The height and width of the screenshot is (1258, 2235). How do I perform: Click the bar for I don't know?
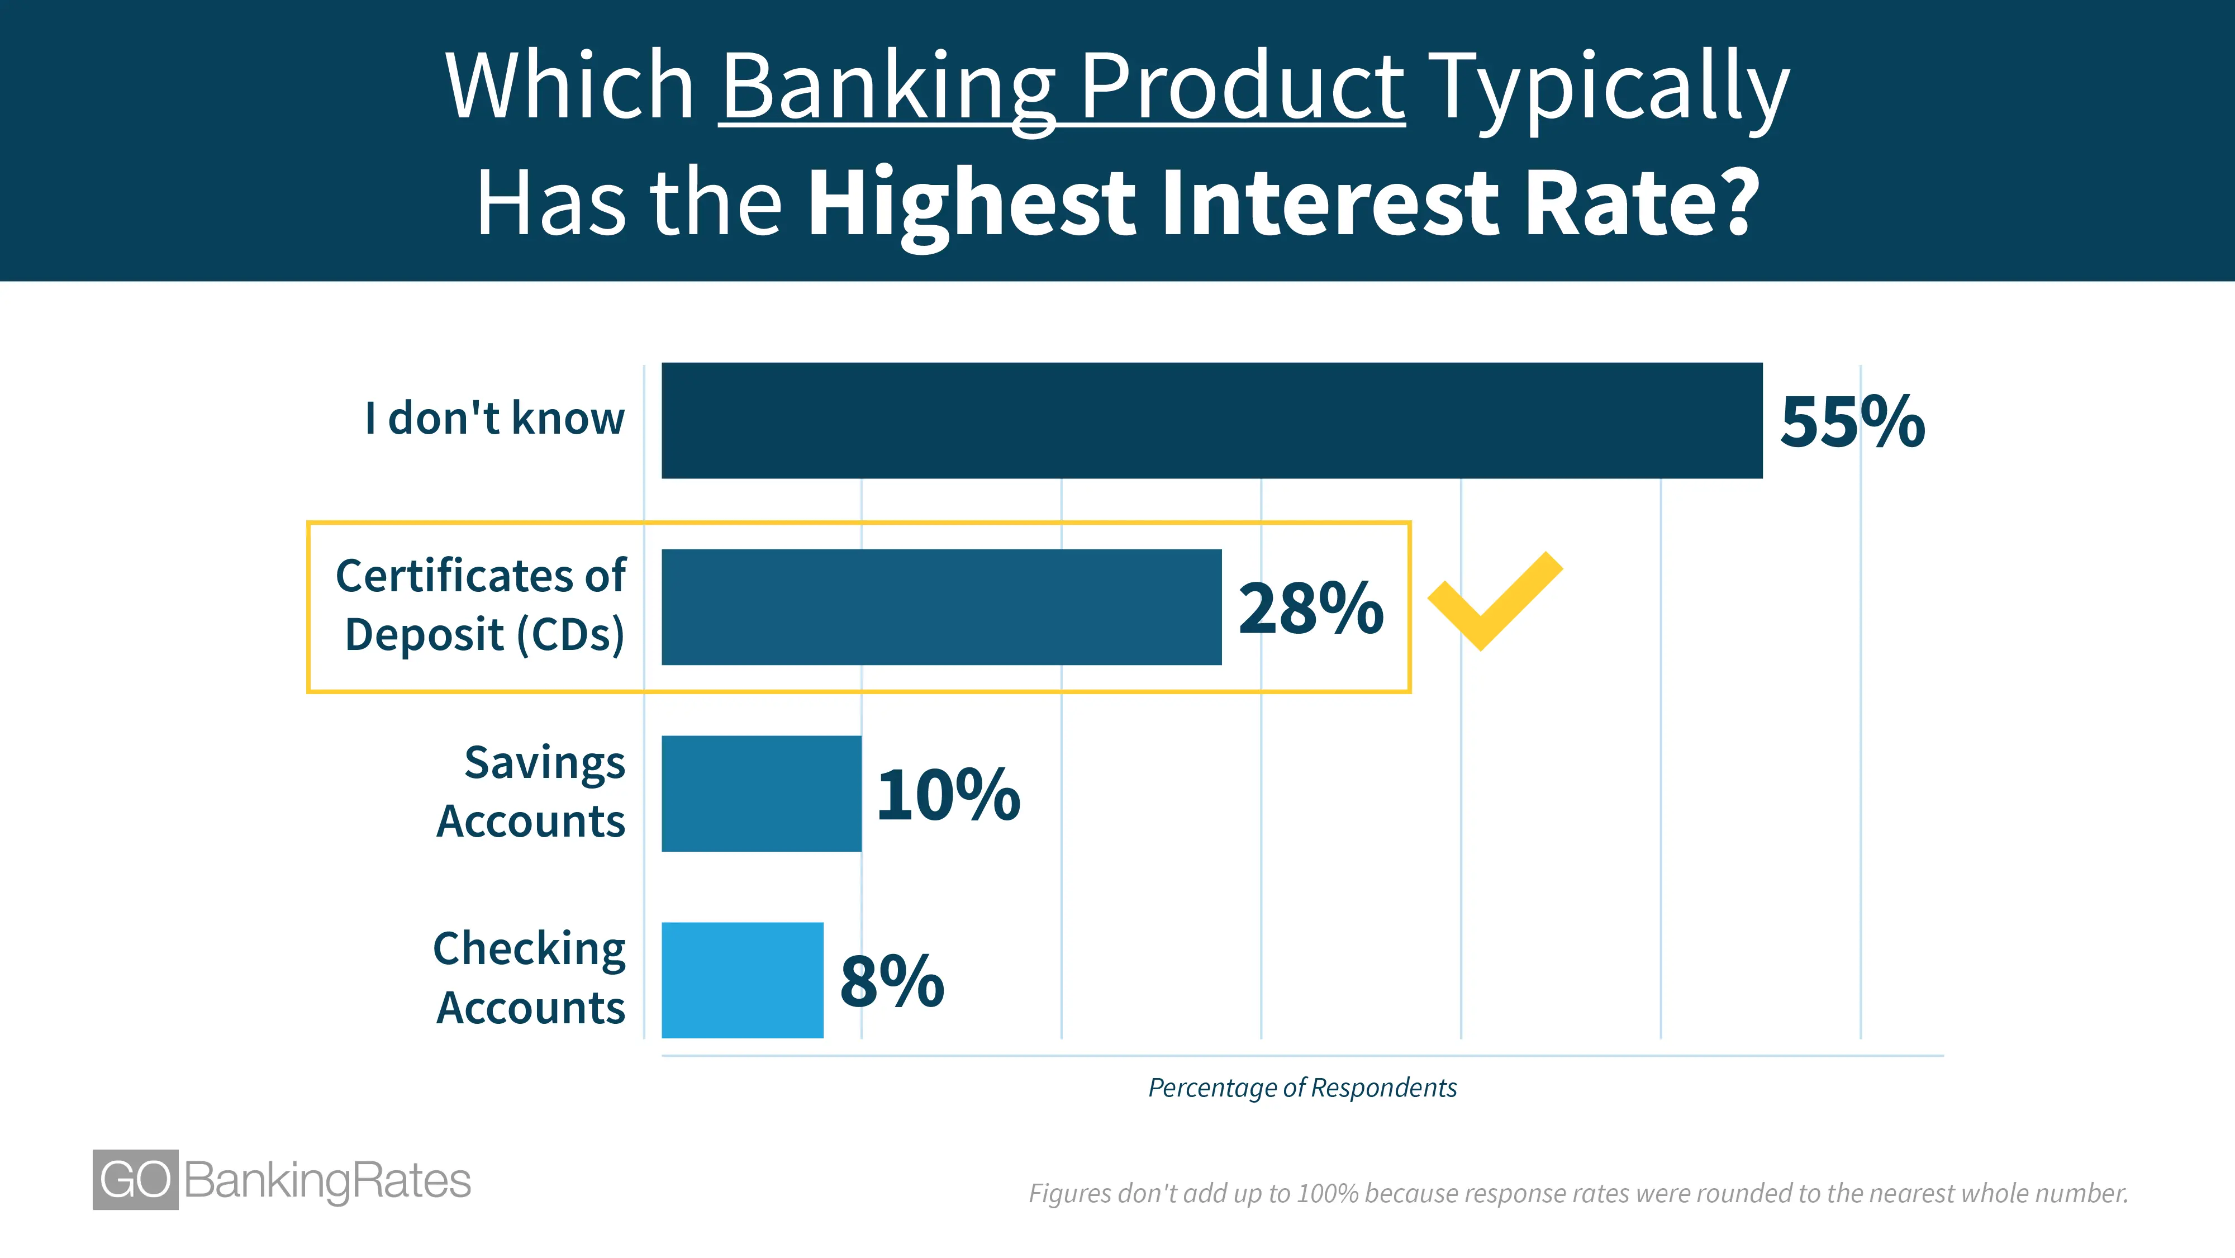[1212, 421]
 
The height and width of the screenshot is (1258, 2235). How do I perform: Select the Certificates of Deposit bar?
[941, 607]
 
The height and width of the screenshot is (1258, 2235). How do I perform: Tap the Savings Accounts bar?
[762, 794]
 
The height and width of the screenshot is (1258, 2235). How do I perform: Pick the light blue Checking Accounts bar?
[743, 980]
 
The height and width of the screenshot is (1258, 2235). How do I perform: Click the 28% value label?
[1311, 608]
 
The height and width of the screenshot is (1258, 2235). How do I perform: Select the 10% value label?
[948, 795]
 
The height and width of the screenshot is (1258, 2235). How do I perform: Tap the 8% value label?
[892, 981]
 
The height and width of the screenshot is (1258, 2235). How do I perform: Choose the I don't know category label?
[494, 418]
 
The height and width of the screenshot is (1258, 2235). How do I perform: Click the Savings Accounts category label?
[531, 791]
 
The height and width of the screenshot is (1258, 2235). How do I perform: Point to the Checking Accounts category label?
[529, 978]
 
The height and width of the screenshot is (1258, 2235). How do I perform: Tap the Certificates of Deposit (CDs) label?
[481, 606]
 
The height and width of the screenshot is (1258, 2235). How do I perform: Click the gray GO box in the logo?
[135, 1180]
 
